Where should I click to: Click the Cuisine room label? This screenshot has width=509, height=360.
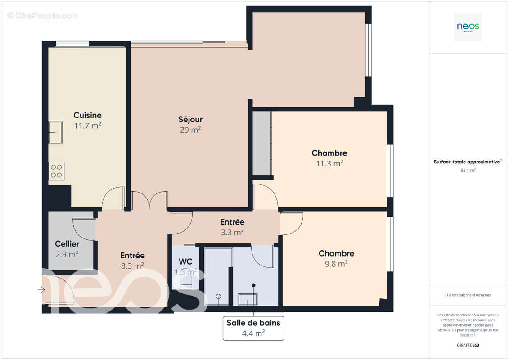[87, 115]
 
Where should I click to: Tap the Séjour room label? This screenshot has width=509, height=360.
[190, 119]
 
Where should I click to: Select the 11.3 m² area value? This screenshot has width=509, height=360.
[329, 164]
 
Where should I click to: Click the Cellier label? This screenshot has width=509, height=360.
[67, 244]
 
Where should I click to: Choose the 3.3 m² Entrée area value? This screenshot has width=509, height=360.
[232, 233]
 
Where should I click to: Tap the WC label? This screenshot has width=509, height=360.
[185, 261]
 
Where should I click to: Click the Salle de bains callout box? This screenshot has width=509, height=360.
[253, 328]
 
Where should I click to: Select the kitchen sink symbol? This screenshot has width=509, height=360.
[56, 132]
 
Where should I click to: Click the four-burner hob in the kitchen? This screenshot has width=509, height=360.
[56, 171]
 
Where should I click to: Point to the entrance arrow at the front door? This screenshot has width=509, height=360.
[41, 290]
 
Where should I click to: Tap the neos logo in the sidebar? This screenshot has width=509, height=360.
[468, 27]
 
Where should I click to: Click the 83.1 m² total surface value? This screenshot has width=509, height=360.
[468, 170]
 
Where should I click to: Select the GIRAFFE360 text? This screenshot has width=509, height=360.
[468, 345]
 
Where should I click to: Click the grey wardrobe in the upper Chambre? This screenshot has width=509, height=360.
[261, 143]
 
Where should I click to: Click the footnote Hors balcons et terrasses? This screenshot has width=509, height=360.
[468, 295]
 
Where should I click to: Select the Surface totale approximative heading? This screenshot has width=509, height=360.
[467, 162]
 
